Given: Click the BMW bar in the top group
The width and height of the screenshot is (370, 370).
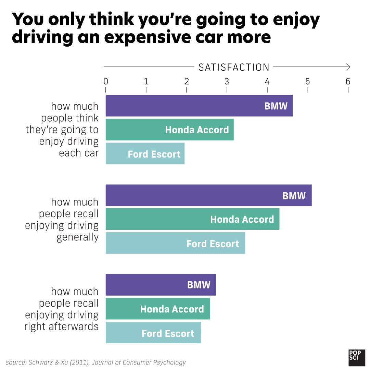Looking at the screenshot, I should click(199, 106).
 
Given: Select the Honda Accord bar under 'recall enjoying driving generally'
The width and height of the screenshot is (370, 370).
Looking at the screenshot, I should click(192, 219).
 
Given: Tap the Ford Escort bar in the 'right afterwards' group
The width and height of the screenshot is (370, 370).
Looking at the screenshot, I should click(153, 333).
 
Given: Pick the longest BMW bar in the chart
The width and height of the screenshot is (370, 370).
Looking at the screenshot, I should click(208, 195).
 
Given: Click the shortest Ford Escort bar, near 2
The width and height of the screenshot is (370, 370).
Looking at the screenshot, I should click(145, 153).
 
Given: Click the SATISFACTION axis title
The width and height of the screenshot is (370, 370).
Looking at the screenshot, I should click(234, 67).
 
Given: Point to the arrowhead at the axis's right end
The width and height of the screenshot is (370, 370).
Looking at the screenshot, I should click(348, 66).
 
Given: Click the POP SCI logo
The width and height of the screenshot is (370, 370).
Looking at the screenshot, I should click(357, 358).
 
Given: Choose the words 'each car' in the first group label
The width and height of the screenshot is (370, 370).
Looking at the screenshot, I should click(78, 153).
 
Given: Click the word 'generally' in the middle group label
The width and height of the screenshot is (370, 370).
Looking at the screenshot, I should click(77, 237).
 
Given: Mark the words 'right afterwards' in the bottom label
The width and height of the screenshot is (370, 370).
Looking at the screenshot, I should click(61, 326).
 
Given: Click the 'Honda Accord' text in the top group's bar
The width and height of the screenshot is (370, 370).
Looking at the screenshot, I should click(197, 130).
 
